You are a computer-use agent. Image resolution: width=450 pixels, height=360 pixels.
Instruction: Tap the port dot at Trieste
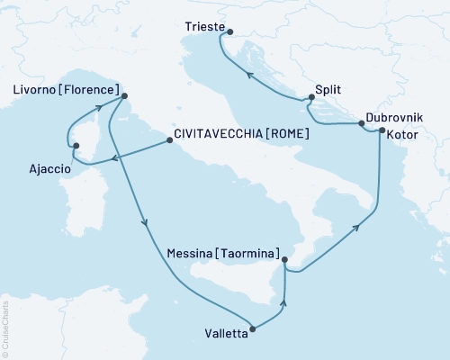[229, 34]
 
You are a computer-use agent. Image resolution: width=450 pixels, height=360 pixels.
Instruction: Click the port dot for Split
[310, 99]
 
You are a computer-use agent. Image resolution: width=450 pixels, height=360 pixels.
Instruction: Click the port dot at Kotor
[382, 131]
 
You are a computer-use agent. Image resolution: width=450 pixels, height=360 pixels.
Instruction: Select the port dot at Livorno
[123, 95]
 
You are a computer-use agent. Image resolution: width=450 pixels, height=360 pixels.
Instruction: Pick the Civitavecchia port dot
[169, 140]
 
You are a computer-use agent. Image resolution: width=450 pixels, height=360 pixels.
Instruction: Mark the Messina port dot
[283, 261]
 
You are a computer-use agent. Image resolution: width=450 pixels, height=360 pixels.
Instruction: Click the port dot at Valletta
[253, 328]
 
